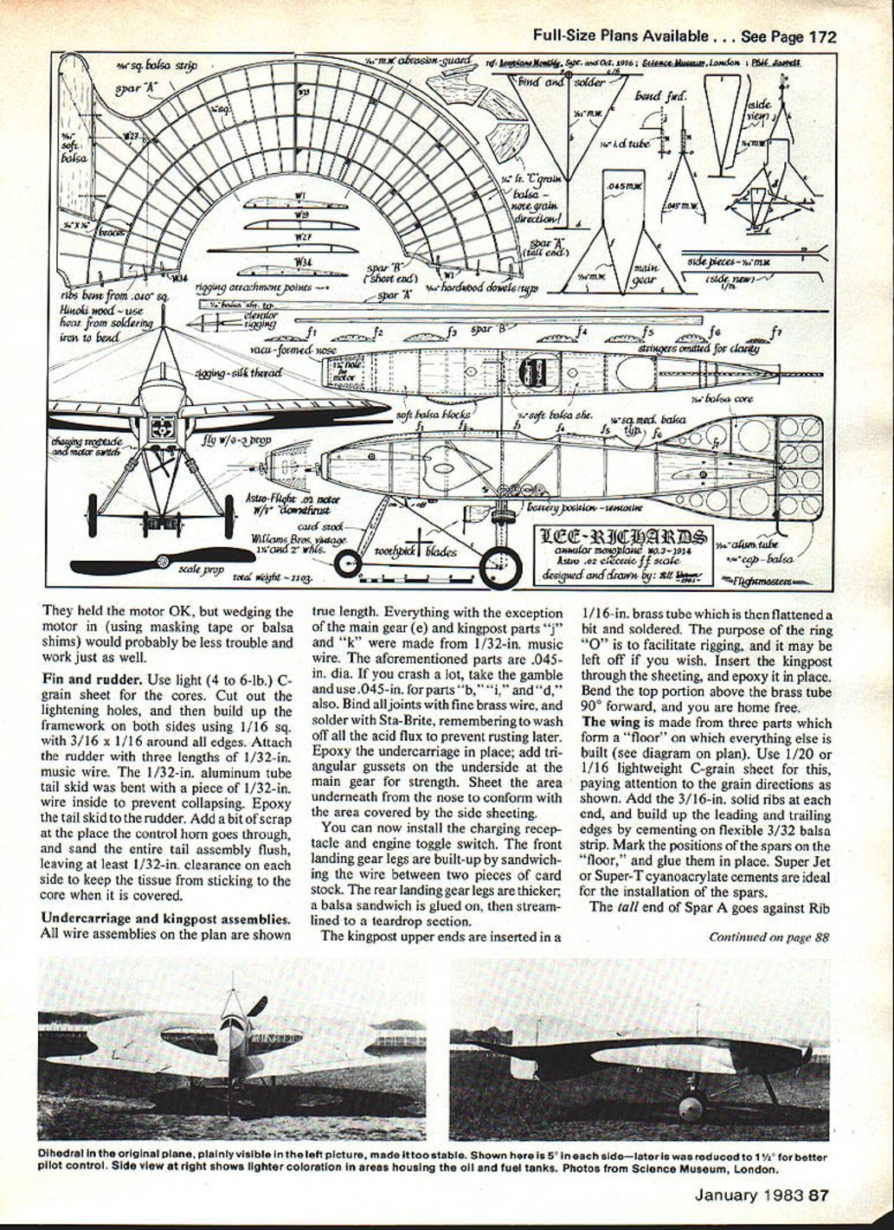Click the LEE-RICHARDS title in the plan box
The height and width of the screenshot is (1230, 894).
(x=622, y=538)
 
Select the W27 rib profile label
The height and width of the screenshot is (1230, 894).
(x=302, y=236)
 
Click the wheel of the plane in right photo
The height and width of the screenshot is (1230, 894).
(x=690, y=1107)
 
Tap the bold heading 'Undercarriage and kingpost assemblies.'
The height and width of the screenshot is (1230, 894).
(x=166, y=918)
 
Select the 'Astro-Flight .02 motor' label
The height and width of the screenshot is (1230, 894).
(x=293, y=503)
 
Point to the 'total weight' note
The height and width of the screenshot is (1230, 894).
(x=273, y=576)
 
